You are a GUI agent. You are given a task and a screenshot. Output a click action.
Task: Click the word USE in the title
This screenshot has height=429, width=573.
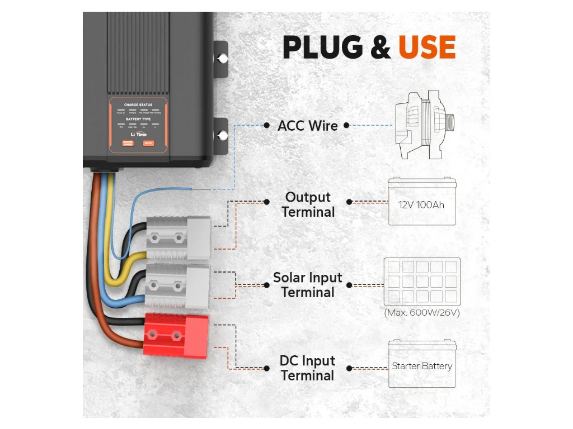(426, 47)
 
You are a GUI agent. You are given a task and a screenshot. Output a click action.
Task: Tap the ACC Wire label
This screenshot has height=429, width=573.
(308, 126)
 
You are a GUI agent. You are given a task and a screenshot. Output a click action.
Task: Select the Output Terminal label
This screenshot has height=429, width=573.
(308, 204)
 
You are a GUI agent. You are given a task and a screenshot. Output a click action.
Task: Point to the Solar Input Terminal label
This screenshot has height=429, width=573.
(307, 285)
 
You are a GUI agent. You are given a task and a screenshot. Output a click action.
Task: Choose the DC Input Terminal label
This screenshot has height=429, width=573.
(307, 368)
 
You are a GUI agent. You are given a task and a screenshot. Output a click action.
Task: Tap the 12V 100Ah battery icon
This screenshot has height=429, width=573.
(422, 202)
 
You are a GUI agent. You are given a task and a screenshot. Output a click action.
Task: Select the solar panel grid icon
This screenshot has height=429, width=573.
(422, 281)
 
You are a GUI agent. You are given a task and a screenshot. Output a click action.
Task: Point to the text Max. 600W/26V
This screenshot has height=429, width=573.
(422, 313)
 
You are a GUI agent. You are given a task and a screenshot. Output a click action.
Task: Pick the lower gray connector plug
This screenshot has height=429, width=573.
(177, 287)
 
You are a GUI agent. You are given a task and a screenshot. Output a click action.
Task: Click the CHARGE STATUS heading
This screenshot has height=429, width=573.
(138, 105)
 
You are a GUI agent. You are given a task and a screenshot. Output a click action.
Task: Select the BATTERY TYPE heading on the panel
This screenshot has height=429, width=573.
(138, 120)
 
